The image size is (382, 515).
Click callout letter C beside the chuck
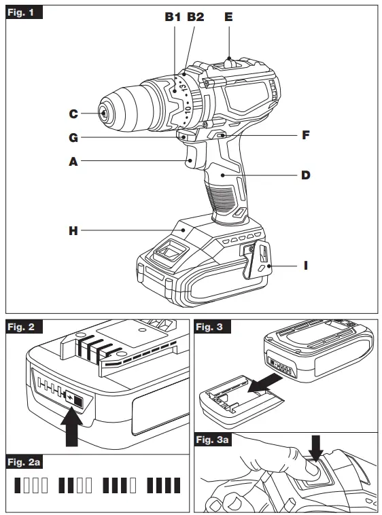tap(73, 113)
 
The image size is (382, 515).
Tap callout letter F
tap(306, 135)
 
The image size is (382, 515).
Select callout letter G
tap(73, 139)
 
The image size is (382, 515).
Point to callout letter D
tap(306, 175)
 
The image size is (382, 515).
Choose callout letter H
tap(73, 231)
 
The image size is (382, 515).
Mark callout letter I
tap(306, 266)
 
